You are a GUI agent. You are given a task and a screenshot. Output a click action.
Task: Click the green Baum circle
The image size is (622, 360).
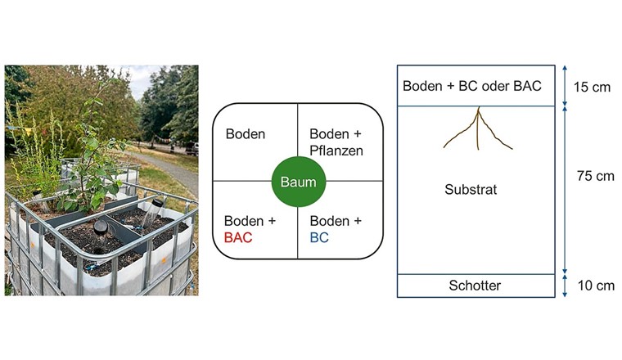click(x=298, y=182)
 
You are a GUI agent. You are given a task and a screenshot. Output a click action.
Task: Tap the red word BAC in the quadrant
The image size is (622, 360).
click(x=239, y=238)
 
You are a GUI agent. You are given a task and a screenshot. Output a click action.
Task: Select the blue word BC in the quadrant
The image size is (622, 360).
click(x=318, y=238)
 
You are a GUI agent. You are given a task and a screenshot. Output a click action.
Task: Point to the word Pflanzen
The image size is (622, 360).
click(x=336, y=151)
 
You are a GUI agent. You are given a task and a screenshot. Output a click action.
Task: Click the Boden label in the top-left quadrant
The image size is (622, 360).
click(x=246, y=134)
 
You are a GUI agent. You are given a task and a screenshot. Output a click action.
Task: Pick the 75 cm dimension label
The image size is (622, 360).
click(x=594, y=176)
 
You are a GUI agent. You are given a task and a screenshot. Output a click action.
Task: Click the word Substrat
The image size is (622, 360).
click(x=471, y=189)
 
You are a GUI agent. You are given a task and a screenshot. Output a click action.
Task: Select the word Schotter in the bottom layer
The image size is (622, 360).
click(x=475, y=286)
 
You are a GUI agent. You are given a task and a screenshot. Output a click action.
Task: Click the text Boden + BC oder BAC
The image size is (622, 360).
click(x=472, y=86)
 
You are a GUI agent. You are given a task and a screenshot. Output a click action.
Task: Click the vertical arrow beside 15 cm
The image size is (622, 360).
click(x=565, y=86)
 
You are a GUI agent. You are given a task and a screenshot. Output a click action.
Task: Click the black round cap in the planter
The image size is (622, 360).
click(x=101, y=226)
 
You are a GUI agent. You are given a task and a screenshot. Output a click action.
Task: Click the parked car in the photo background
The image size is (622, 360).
click(x=192, y=149)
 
